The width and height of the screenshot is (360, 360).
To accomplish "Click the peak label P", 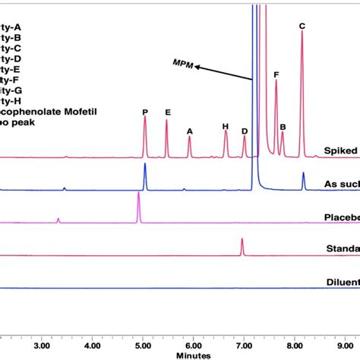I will coord(144,112).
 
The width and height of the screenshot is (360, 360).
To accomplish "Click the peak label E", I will coord(167,112).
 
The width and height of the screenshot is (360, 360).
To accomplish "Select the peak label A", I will coord(190,131).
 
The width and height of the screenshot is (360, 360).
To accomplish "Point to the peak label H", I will coord(225,126).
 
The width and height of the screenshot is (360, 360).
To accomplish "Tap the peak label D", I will coord(245,131).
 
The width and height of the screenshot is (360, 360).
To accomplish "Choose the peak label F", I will coord(276,74).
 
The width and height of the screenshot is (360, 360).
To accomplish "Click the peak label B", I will coord(283,127).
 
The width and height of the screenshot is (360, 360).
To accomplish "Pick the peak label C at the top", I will coord(302,27).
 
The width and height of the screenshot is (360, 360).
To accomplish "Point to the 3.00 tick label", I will coord(42,344).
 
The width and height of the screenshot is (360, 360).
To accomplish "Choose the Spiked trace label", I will coord(342,150).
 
